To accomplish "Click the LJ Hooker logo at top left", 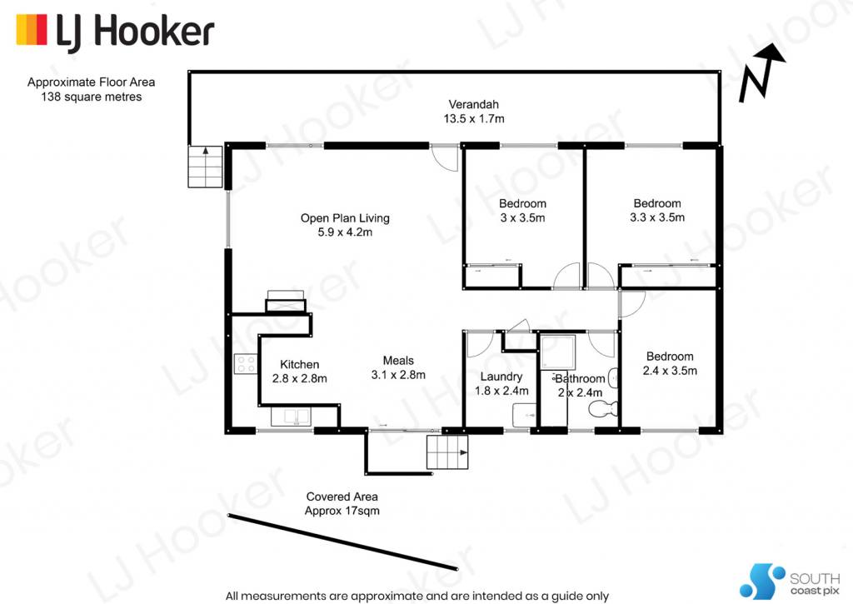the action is click(x=115, y=32).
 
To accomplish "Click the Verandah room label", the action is click(x=473, y=104).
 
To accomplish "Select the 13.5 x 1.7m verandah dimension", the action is click(x=474, y=118).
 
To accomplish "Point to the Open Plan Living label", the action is click(x=345, y=218).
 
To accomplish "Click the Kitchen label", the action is click(x=299, y=365).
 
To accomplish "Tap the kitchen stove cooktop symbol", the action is click(x=246, y=364).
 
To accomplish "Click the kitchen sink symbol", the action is click(x=290, y=417).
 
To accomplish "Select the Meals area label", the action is click(x=398, y=361).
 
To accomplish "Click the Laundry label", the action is click(x=501, y=377).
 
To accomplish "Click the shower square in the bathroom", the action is click(x=557, y=352).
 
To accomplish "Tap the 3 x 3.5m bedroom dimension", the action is click(x=522, y=217).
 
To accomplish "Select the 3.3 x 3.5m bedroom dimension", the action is click(x=657, y=217).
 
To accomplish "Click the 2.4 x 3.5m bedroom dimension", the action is click(x=670, y=371).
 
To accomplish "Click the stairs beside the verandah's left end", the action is click(x=205, y=167).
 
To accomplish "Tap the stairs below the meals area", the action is click(x=447, y=452).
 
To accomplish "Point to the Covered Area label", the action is click(x=342, y=497).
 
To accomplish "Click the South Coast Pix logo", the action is click(x=790, y=582).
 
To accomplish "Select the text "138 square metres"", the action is click(x=92, y=97).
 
